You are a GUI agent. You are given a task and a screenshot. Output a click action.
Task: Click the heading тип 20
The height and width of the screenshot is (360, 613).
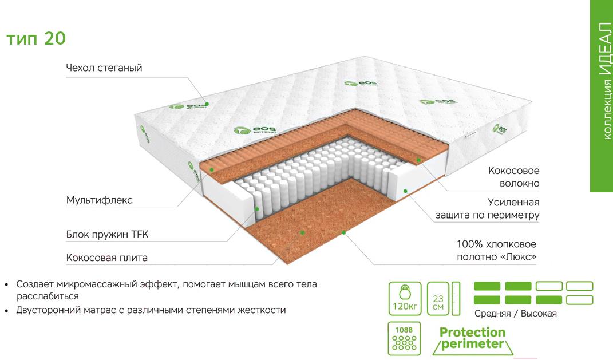click(36, 38)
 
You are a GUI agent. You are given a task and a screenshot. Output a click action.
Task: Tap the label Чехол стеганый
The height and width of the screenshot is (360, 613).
click(104, 68)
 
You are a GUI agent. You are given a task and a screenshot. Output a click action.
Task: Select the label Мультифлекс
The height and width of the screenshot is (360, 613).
click(99, 200)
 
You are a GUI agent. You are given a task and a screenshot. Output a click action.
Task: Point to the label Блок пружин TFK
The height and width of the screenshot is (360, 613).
click(107, 235)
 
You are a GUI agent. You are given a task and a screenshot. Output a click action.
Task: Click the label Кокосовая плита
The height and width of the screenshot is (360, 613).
click(106, 258)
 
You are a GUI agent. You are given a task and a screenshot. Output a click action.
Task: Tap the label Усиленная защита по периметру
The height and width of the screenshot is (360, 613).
click(488, 208)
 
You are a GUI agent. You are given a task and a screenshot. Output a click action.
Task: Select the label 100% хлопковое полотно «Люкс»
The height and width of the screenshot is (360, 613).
click(496, 250)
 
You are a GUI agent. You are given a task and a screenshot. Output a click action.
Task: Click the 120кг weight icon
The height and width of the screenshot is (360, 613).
click(405, 299)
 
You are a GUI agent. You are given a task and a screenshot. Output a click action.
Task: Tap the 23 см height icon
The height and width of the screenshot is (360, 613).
click(444, 299)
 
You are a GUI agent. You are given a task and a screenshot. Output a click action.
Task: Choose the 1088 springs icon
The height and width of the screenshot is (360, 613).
click(404, 338)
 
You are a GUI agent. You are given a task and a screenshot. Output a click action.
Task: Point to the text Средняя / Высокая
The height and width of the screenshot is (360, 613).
click(515, 314)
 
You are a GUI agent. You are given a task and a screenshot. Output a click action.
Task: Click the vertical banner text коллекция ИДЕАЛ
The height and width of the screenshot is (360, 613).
click(605, 81)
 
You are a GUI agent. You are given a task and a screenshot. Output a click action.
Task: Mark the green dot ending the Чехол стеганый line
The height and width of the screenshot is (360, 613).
click(207, 104)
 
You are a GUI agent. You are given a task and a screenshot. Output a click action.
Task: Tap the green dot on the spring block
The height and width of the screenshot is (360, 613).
click(257, 209)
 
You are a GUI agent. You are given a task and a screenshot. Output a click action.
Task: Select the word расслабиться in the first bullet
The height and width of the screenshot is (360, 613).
click(48, 296)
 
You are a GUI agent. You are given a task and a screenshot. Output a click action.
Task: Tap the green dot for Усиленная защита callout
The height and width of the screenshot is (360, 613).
click(405, 191)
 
